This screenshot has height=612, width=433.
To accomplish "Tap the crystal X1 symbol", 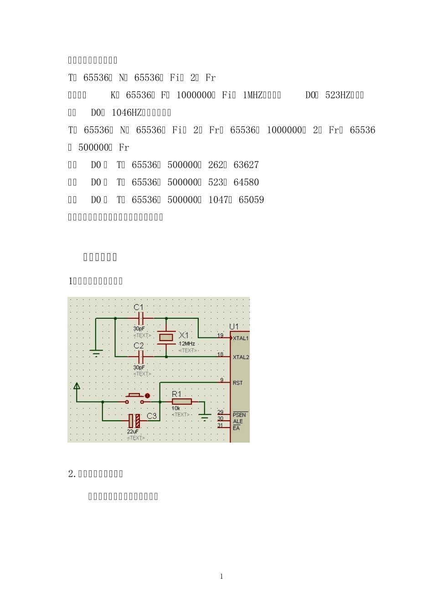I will (166, 337).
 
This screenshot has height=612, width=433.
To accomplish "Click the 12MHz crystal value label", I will (187, 344).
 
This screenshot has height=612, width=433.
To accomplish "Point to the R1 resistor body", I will (181, 402).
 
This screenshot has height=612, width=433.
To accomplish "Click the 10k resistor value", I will (176, 408).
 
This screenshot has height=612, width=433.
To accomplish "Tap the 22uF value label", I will (133, 431).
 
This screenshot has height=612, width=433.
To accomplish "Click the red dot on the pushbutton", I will (147, 395).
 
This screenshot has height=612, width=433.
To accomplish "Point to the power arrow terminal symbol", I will (77, 387).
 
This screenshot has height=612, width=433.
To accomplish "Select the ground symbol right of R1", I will (205, 416).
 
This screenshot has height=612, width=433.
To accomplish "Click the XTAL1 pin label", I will (241, 338).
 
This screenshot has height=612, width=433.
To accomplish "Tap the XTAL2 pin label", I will (241, 357).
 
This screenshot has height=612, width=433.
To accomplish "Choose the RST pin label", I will (237, 383).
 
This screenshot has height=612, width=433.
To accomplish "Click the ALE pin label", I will (237, 422).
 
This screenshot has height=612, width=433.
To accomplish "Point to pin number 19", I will (220, 336).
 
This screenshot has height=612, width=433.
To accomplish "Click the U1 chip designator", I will (234, 326).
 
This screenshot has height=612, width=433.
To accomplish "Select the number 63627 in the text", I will (246, 165).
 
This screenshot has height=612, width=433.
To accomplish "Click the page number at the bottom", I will (222, 576).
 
